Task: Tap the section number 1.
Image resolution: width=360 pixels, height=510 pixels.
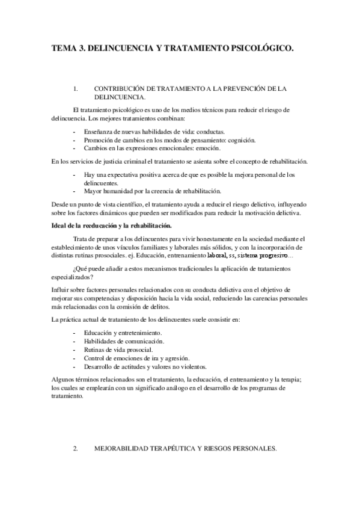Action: tap(75, 88)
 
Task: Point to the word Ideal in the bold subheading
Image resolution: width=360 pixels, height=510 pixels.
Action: tap(60, 226)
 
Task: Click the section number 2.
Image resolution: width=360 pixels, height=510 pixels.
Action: tap(75, 449)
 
